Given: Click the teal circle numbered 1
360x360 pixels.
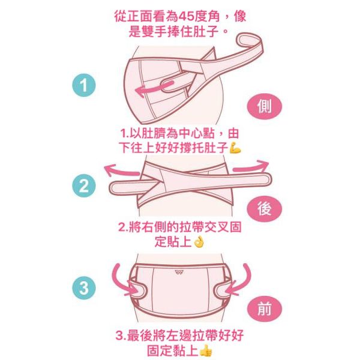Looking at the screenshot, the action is pos(84,85).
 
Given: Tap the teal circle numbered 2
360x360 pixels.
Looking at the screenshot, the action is pos(84,186).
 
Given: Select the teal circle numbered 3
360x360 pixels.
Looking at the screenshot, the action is pos(84,287).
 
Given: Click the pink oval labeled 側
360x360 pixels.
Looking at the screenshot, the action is pos(264,106).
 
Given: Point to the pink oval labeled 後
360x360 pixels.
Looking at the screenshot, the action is pos(264,209).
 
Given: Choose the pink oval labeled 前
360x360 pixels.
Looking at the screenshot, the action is pos(264,309).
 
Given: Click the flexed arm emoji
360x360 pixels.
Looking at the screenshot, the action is pos(235,148).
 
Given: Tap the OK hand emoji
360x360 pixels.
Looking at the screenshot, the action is pos(199,242).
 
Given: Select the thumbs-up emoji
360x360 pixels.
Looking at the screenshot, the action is pos(205,351).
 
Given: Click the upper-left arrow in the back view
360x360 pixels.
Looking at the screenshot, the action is pos(121,170).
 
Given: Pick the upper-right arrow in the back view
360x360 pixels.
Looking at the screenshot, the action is pos(251,167).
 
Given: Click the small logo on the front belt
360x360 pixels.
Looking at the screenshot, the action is pos(179,272).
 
